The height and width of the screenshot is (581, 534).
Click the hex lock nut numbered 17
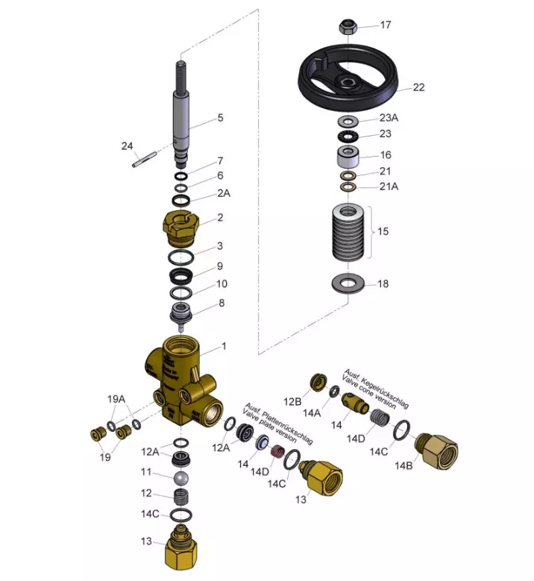pyautogui.click(x=348, y=27)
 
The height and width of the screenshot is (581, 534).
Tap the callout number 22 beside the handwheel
pyautogui.click(x=418, y=87)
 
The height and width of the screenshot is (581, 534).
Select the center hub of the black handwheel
pyautogui.click(x=348, y=82)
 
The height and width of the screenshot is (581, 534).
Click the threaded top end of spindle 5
pyautogui.click(x=180, y=76)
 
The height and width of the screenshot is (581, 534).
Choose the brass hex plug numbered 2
pyautogui.click(x=180, y=229)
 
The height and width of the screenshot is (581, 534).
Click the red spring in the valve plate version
pyautogui.click(x=277, y=452)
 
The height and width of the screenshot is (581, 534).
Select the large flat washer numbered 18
pyautogui.click(x=348, y=284)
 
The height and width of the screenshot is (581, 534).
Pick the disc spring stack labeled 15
pyautogui.click(x=348, y=233)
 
